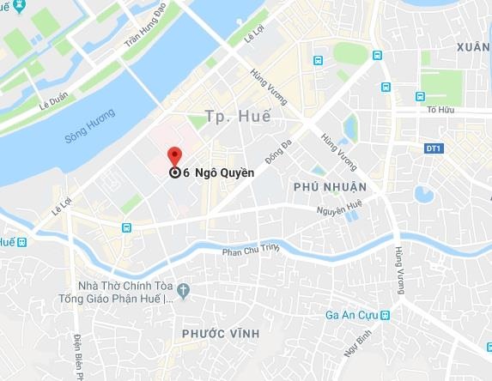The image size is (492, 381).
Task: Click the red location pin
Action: click(x=175, y=155)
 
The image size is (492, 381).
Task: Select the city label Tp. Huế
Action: click(x=238, y=116)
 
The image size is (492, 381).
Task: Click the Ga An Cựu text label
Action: click(x=352, y=315)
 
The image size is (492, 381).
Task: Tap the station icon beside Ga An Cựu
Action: click(x=386, y=315)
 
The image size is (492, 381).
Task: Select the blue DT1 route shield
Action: click(x=433, y=148)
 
